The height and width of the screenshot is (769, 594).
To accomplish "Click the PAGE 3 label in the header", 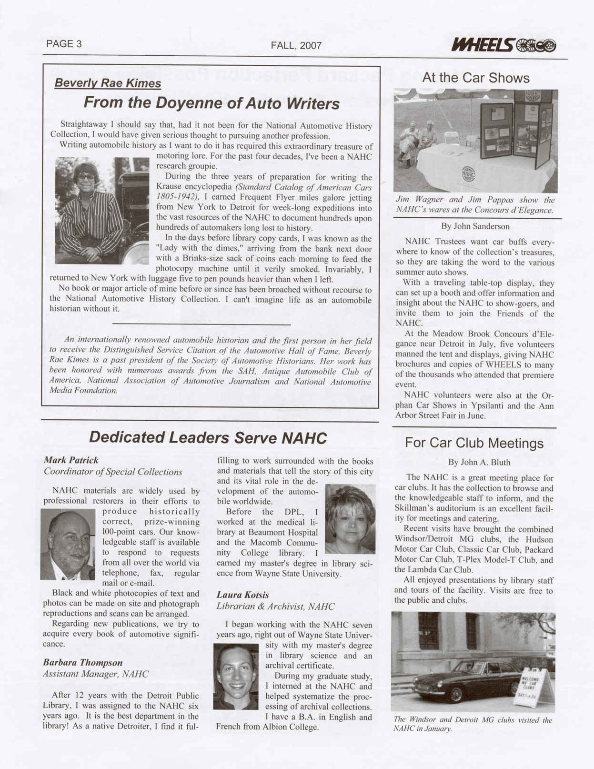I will point(64,44).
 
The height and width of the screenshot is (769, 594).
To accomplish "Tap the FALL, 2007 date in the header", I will point(296,46).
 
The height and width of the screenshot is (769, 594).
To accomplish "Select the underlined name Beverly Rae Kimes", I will point(108,83).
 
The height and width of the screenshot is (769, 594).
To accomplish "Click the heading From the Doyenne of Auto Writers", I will point(211,103).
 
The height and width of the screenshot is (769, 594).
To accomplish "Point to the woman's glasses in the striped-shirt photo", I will point(86,177).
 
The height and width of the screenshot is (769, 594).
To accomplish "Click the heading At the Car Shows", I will point(475,78).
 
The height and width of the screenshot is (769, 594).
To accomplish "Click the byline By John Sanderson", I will point(475,226).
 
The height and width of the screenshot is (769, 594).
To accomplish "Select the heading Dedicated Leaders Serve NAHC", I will point(208,438).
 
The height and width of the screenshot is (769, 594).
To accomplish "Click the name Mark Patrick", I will point(71,460).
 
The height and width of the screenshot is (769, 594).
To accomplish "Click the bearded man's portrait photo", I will point(68,544).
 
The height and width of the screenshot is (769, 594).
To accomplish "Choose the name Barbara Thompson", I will point(83,663).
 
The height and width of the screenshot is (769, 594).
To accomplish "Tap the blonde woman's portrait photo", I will point(350,519).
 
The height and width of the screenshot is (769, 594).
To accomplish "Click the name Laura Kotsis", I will point(242,595).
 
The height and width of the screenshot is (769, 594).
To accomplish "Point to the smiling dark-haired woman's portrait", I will point(235,676).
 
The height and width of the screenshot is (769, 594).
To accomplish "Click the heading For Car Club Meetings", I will point(473,443).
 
